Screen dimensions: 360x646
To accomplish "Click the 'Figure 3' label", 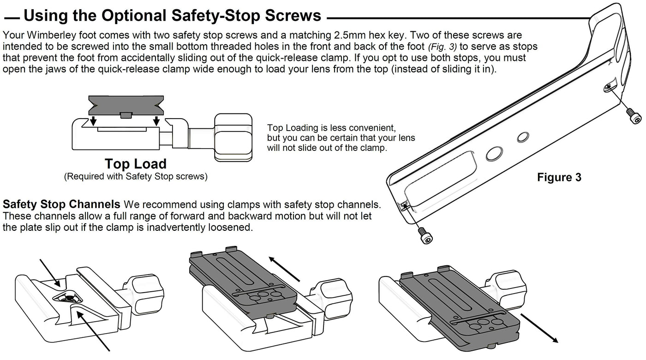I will [559, 178].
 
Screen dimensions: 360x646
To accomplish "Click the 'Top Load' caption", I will [135, 164].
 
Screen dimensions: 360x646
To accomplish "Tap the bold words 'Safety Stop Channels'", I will [62, 204].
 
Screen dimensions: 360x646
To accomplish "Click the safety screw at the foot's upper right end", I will [632, 116].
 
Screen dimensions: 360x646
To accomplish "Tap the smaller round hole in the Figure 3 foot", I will [522, 137].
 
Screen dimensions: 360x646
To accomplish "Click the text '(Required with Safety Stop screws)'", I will [136, 176].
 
